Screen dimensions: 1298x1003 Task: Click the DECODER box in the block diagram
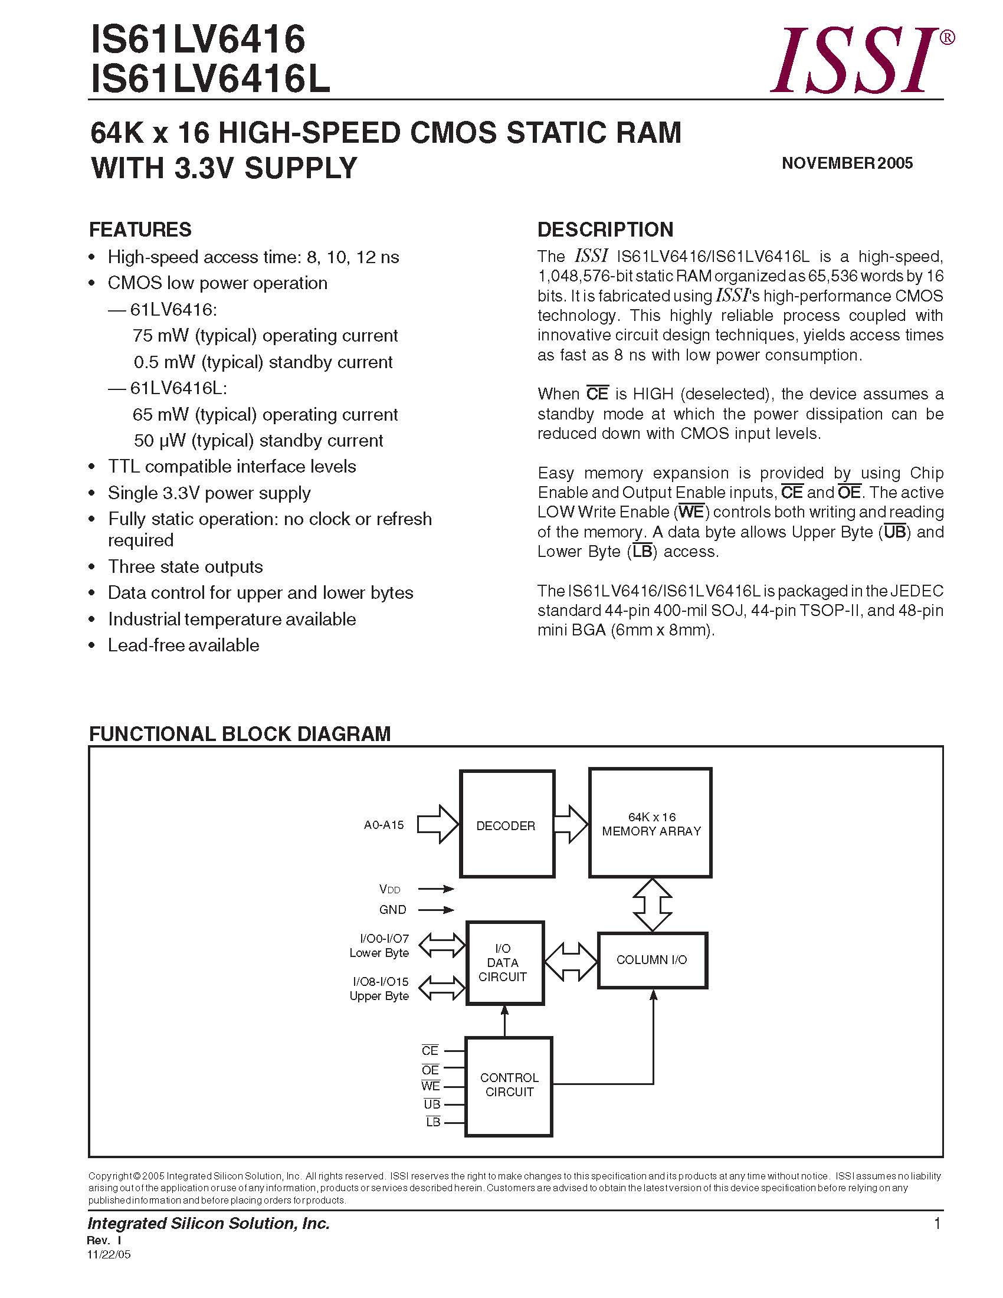[507, 824]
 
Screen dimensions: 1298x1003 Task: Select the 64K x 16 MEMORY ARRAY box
[651, 823]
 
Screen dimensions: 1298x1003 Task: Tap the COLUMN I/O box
[652, 960]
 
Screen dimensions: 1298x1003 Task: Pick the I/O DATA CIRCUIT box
[504, 962]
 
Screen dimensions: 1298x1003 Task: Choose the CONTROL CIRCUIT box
[509, 1085]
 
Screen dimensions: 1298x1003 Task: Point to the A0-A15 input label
[384, 825]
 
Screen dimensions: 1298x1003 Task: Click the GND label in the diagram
[393, 910]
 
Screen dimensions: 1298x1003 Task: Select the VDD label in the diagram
[390, 889]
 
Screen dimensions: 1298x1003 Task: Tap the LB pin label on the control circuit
[433, 1123]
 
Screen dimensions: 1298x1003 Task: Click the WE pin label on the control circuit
[431, 1086]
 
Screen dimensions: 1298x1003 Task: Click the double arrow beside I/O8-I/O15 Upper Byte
[441, 988]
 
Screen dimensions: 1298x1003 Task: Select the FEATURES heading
[140, 230]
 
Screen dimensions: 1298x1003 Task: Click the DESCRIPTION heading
[605, 230]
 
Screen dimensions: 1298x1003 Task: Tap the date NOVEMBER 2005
[847, 163]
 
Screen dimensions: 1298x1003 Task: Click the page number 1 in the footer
[937, 1224]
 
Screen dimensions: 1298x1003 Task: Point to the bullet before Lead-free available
[92, 645]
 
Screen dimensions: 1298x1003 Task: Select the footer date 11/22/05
[109, 1255]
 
